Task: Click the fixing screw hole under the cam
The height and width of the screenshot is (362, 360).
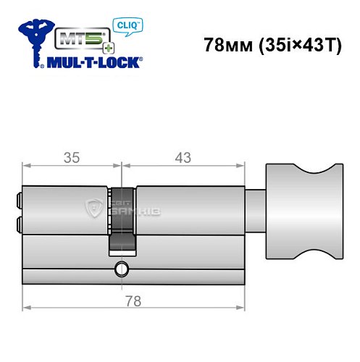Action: [x=119, y=272]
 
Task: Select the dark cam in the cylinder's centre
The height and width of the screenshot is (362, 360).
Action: [x=122, y=218]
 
